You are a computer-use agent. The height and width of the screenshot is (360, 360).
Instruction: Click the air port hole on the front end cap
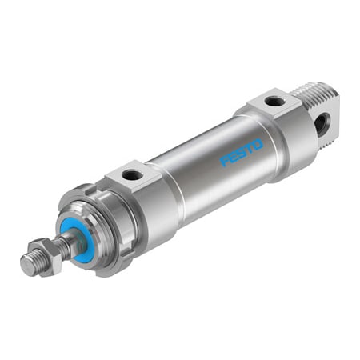133,174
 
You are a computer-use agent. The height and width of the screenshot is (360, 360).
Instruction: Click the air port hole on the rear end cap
274,102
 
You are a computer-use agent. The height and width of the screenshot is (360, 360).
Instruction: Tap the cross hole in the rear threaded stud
322,123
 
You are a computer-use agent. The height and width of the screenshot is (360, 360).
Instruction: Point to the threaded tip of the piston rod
30,264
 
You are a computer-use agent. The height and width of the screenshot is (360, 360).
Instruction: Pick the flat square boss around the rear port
272,102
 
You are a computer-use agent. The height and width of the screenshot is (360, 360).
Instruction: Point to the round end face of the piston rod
24,267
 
